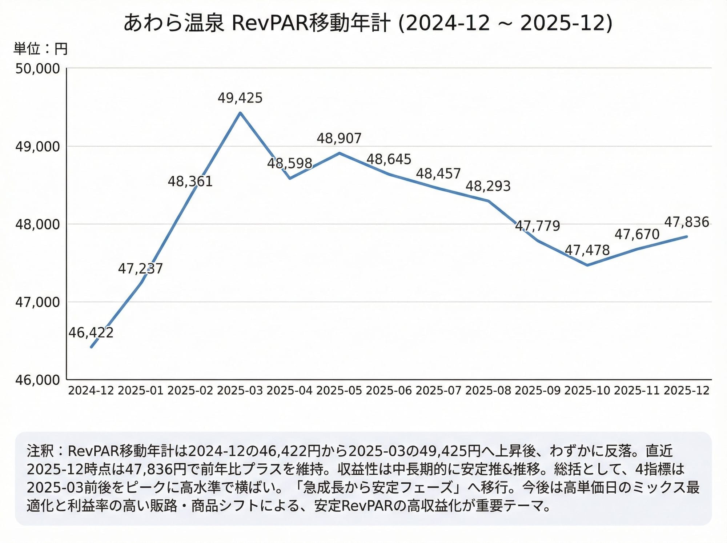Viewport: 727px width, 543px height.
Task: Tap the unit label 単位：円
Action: (x=41, y=49)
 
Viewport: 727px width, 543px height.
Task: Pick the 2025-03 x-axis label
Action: (x=240, y=391)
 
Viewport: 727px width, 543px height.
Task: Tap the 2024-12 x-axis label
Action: (x=91, y=391)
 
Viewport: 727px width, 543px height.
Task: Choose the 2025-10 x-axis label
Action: (x=587, y=391)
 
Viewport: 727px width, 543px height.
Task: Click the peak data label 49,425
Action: (x=240, y=98)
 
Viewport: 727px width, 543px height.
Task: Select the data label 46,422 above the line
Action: (x=91, y=332)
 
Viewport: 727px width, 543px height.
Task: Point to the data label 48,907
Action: (x=339, y=139)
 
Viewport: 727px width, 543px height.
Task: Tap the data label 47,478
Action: (x=587, y=250)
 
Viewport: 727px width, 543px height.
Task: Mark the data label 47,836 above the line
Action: (x=687, y=222)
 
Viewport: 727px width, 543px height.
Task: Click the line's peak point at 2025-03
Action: (x=240, y=113)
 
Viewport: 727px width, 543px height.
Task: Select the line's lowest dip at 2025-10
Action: (x=587, y=265)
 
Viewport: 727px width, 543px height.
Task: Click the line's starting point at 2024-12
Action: (x=91, y=347)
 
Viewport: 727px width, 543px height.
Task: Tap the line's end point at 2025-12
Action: (x=686, y=236)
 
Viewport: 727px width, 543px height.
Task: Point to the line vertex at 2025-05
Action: (x=339, y=153)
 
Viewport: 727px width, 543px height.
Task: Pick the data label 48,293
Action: (x=488, y=186)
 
